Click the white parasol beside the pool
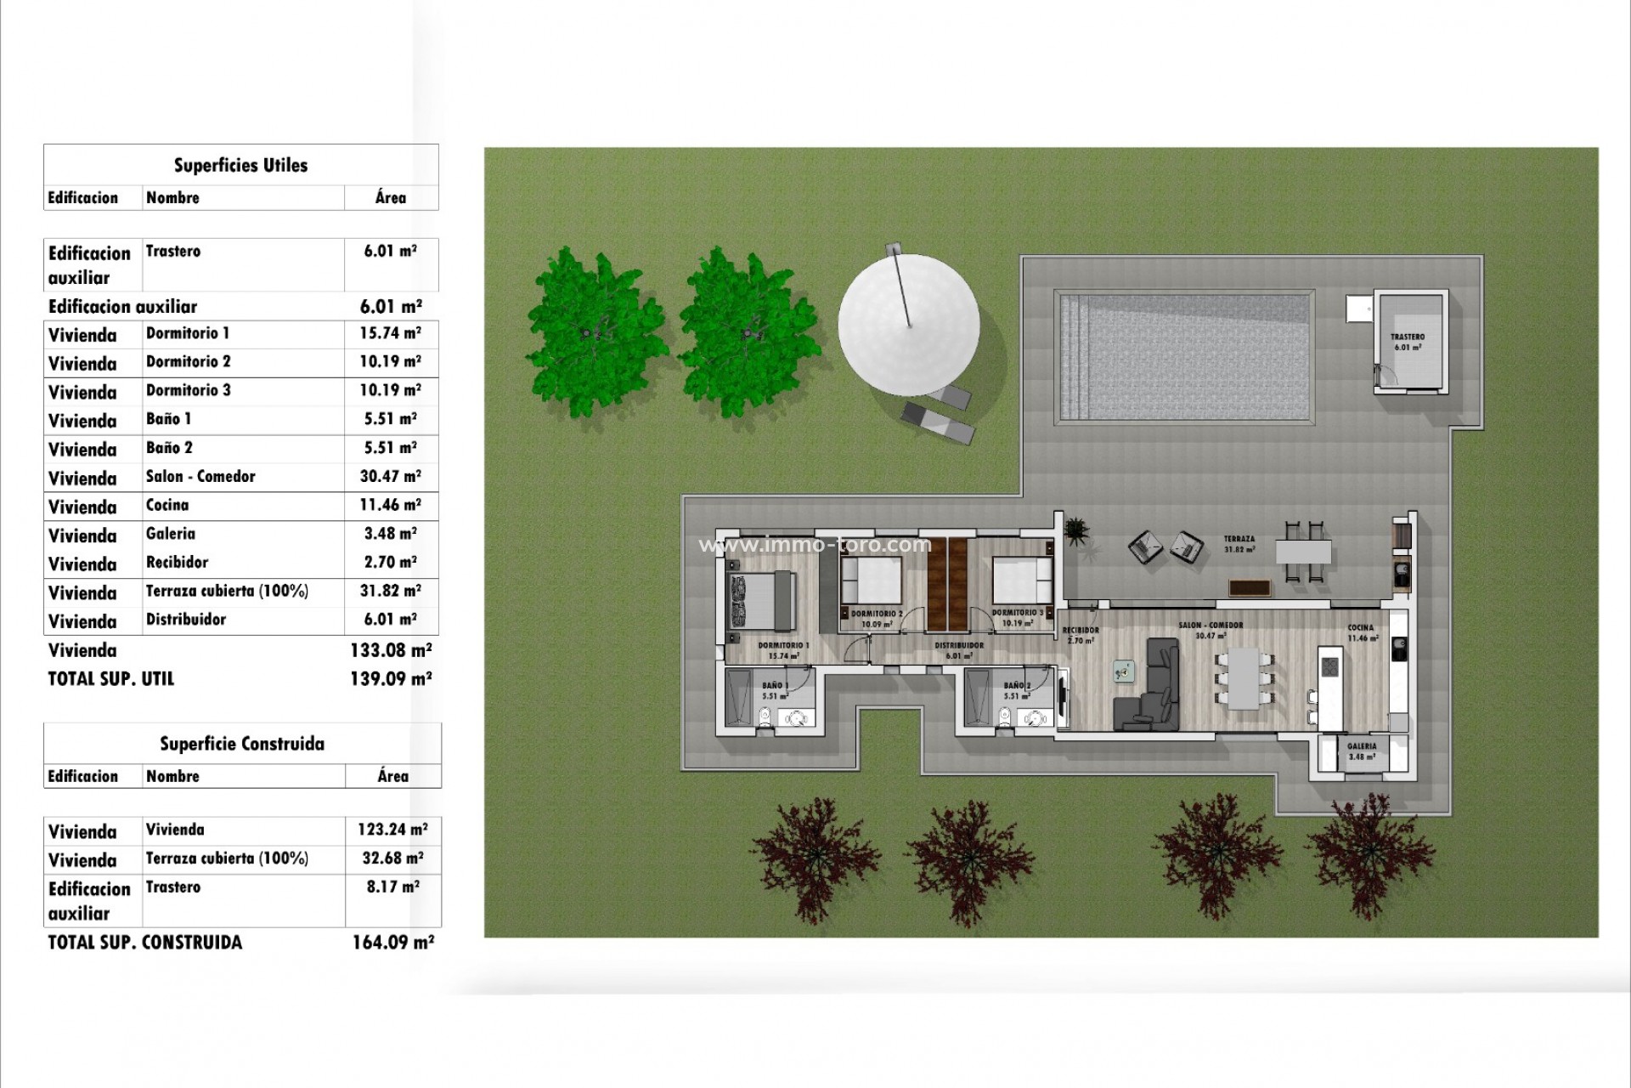[908, 324]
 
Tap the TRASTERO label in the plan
[1408, 337]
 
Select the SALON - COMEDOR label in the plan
[1211, 626]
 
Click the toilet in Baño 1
[765, 717]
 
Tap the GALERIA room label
[1362, 746]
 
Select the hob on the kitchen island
[1329, 666]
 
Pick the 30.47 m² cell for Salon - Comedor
[390, 477]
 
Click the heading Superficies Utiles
[240, 166]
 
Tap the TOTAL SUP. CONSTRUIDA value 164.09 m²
[392, 943]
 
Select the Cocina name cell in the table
[167, 506]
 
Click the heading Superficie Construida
[242, 745]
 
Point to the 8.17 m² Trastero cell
[392, 887]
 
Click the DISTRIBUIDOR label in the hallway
[959, 646]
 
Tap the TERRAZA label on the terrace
[1239, 539]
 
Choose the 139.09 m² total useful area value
[391, 679]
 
